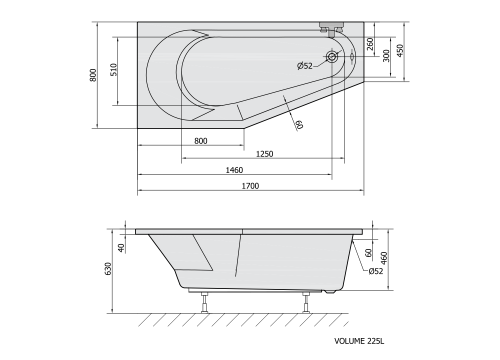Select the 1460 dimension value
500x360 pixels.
[233, 170]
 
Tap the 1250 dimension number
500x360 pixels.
[265, 154]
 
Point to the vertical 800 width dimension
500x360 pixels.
[93, 74]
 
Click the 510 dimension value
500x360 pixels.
[115, 70]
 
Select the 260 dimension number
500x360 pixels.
[370, 43]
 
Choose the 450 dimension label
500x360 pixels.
[400, 50]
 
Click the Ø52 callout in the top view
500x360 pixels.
[304, 66]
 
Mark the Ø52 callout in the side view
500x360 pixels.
[375, 270]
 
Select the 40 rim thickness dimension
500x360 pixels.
[122, 247]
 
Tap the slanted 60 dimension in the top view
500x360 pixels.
[299, 124]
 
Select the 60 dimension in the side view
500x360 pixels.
[370, 254]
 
